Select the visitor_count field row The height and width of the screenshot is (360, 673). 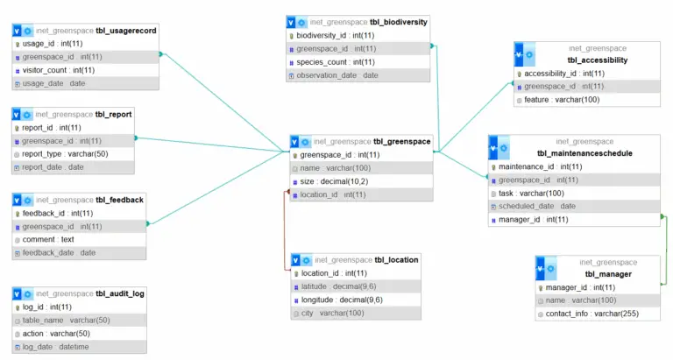[x=58, y=70]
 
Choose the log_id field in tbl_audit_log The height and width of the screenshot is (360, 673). [x=47, y=307]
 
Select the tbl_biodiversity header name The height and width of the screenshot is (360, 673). [x=399, y=22]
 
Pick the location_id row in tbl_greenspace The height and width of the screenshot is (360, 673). [x=333, y=194]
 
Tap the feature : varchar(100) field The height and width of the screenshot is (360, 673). [x=562, y=100]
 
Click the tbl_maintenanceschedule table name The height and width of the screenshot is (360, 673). [x=574, y=153]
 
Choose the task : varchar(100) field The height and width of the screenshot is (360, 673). [x=531, y=193]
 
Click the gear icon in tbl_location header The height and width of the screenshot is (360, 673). [x=305, y=260]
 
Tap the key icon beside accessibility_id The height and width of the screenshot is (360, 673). [x=519, y=74]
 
